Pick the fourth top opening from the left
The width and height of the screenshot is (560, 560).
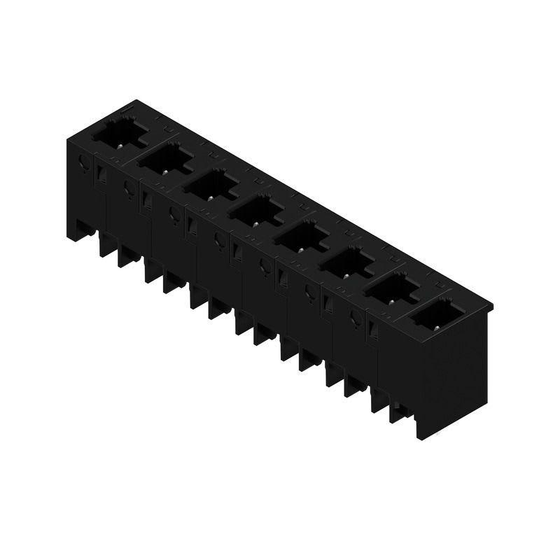click(x=255, y=209)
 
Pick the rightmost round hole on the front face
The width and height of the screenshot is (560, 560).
click(x=355, y=318)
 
